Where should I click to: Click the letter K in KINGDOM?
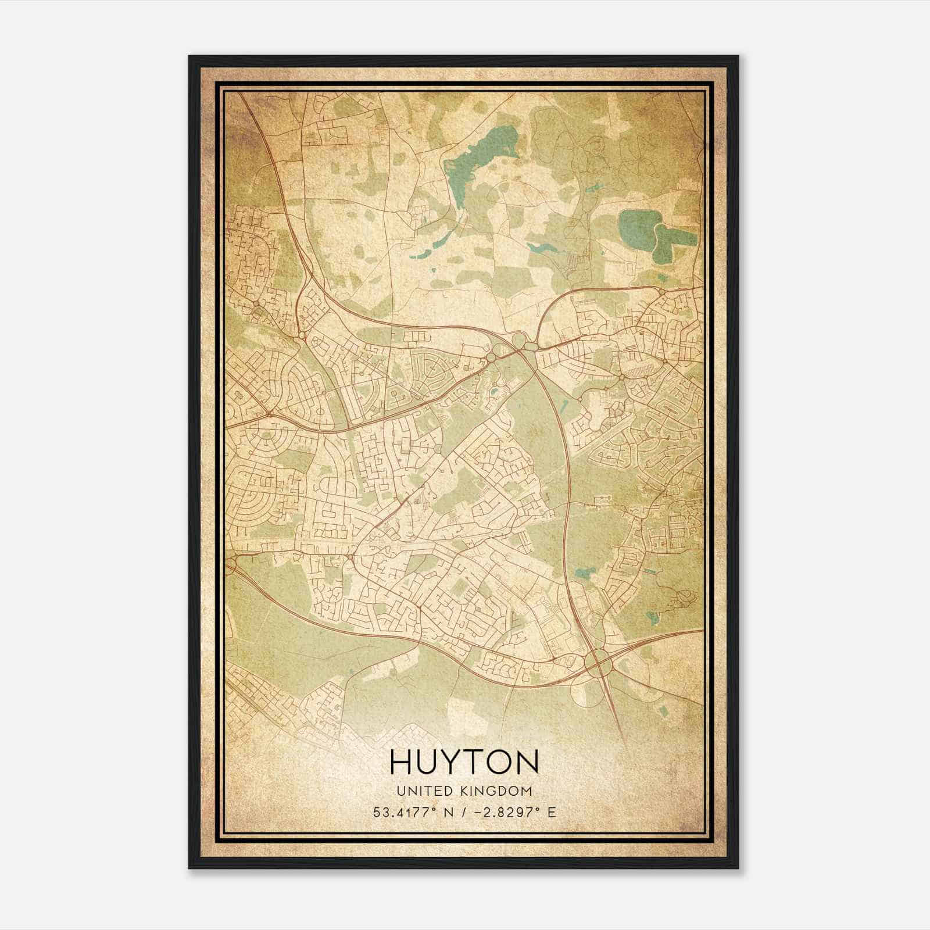pyautogui.click(x=468, y=791)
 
